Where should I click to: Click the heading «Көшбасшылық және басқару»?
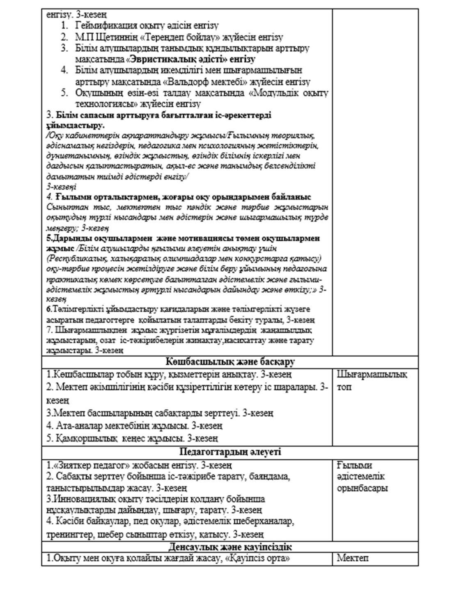pos(230,362)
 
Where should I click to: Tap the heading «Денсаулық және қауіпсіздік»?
pos(230,548)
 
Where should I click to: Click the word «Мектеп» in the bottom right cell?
pos(352,558)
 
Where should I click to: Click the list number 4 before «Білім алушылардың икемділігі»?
pos(64,71)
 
